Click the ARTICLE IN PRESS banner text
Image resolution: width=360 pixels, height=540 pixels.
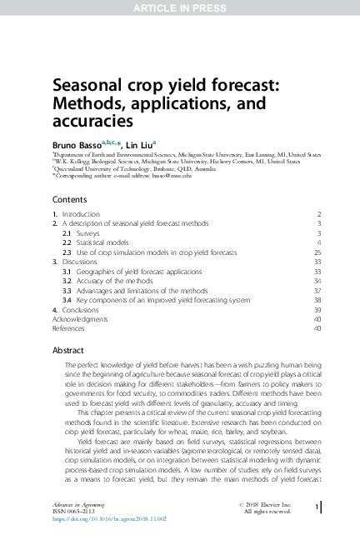pyautogui.click(x=179, y=7)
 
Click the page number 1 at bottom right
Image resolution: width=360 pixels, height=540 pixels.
pyautogui.click(x=317, y=507)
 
